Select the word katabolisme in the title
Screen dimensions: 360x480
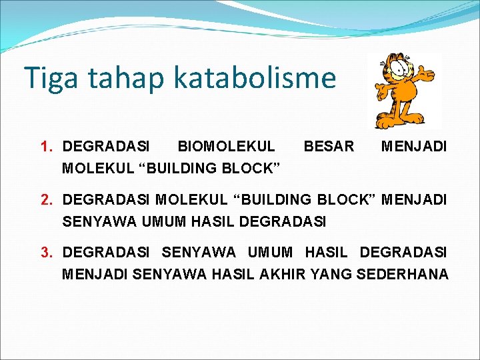(x=255, y=78)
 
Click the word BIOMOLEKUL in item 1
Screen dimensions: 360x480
(x=226, y=146)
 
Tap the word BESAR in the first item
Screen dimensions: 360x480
(x=329, y=146)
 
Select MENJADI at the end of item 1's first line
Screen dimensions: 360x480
(x=414, y=146)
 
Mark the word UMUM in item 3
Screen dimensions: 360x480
(x=270, y=252)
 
